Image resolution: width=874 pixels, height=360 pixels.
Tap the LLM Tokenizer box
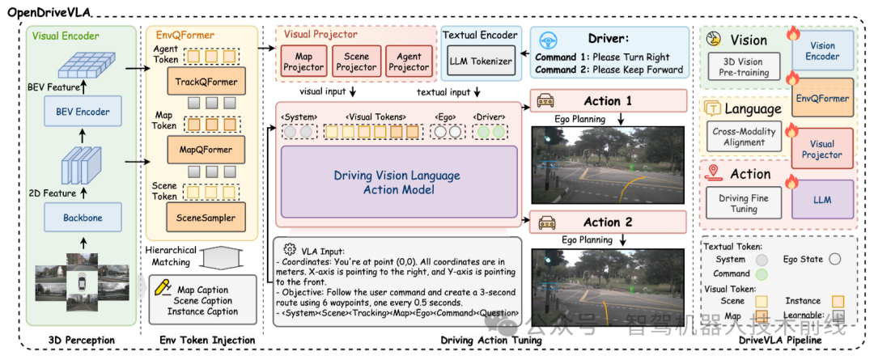click(482, 61)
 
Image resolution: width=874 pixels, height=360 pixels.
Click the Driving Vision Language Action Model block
click(397, 182)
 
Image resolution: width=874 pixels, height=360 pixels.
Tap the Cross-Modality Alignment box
click(744, 136)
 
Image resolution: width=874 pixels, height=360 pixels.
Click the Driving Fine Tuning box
click(744, 204)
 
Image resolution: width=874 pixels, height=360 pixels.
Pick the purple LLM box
click(821, 199)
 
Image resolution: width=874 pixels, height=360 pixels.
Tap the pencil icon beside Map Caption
click(166, 288)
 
